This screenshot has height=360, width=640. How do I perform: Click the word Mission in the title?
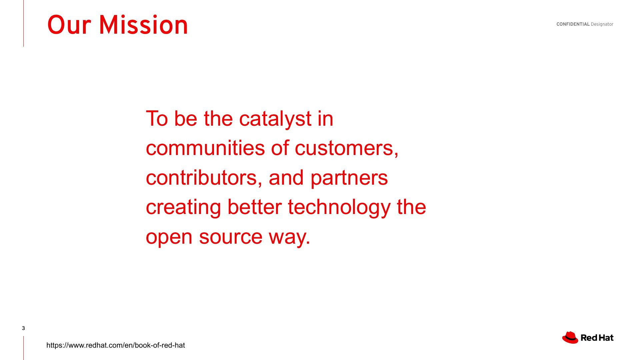pyautogui.click(x=143, y=25)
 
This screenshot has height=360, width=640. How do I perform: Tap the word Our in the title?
pyautogui.click(x=69, y=25)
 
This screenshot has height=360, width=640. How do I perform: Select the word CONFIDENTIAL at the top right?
pyautogui.click(x=573, y=24)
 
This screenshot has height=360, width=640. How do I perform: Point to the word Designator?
pyautogui.click(x=602, y=24)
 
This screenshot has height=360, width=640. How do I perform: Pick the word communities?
pyautogui.click(x=205, y=148)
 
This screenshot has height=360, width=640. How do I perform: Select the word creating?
pyautogui.click(x=183, y=207)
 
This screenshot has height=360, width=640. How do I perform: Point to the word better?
pyautogui.click(x=255, y=207)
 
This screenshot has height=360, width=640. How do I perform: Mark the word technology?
pyautogui.click(x=339, y=207)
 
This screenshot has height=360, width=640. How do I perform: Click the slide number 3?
pyautogui.click(x=23, y=328)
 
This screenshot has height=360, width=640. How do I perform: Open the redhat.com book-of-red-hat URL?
pyautogui.click(x=116, y=345)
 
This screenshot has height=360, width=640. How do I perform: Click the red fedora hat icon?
pyautogui.click(x=570, y=337)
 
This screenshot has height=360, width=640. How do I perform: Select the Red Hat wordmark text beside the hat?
pyautogui.click(x=597, y=338)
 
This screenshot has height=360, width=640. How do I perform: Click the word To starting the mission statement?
pyautogui.click(x=157, y=119)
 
